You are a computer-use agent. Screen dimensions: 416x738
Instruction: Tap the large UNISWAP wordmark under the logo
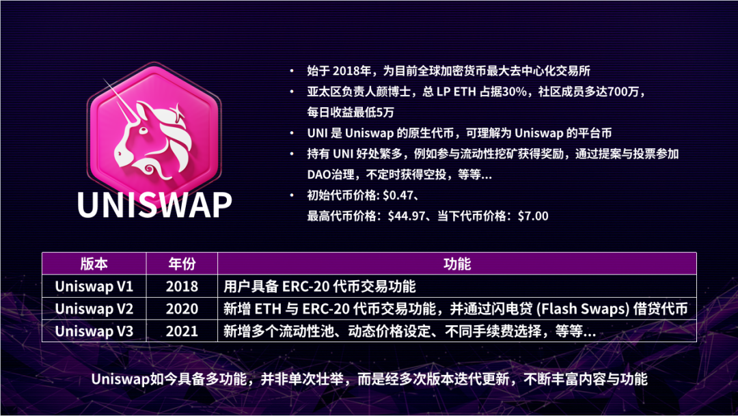(154, 204)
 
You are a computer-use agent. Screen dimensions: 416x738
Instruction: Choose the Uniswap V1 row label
(94, 286)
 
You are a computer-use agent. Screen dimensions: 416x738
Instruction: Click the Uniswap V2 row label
(94, 309)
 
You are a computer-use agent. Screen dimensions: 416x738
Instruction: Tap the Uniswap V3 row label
(94, 331)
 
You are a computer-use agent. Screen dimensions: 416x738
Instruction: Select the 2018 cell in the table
(182, 286)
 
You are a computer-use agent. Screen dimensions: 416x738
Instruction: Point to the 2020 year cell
(182, 309)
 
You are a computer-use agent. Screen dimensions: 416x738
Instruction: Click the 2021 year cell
(182, 331)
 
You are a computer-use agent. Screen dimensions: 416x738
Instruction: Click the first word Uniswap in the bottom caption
(120, 380)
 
